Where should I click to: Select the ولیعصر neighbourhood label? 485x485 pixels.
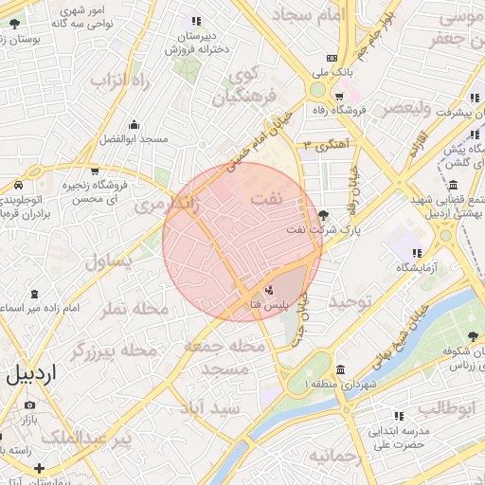click(x=407, y=109)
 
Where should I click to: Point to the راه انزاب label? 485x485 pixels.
click(x=122, y=81)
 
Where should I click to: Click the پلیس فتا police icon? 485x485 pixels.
click(x=269, y=290)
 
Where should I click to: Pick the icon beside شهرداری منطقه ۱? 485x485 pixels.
click(x=339, y=369)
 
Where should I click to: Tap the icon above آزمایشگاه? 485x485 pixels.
click(x=417, y=253)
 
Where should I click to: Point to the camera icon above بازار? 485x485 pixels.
click(x=29, y=405)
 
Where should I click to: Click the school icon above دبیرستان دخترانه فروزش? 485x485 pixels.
click(x=196, y=21)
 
